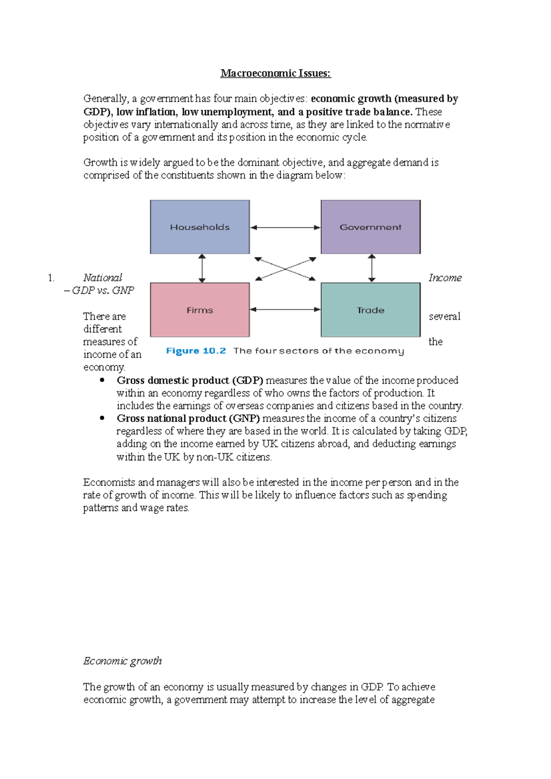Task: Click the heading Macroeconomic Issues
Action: (x=275, y=73)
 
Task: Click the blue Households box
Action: (x=200, y=227)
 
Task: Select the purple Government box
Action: (x=371, y=227)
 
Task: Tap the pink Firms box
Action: (x=200, y=310)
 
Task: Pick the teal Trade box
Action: (x=371, y=310)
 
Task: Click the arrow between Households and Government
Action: (x=285, y=228)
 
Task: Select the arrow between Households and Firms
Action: (x=202, y=268)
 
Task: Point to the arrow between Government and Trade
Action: (x=372, y=268)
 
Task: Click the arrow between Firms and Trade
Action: (x=285, y=310)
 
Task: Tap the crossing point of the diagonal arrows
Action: (x=285, y=269)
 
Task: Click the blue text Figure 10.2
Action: (x=196, y=351)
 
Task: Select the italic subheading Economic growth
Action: (x=123, y=661)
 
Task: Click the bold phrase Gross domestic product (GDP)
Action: (x=190, y=380)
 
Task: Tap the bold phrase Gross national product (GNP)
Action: (x=188, y=418)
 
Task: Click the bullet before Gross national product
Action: (x=102, y=418)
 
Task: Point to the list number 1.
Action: (x=51, y=278)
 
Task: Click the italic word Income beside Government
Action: (x=445, y=278)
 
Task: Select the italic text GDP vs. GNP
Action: (x=103, y=290)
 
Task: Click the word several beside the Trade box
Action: (x=444, y=317)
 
